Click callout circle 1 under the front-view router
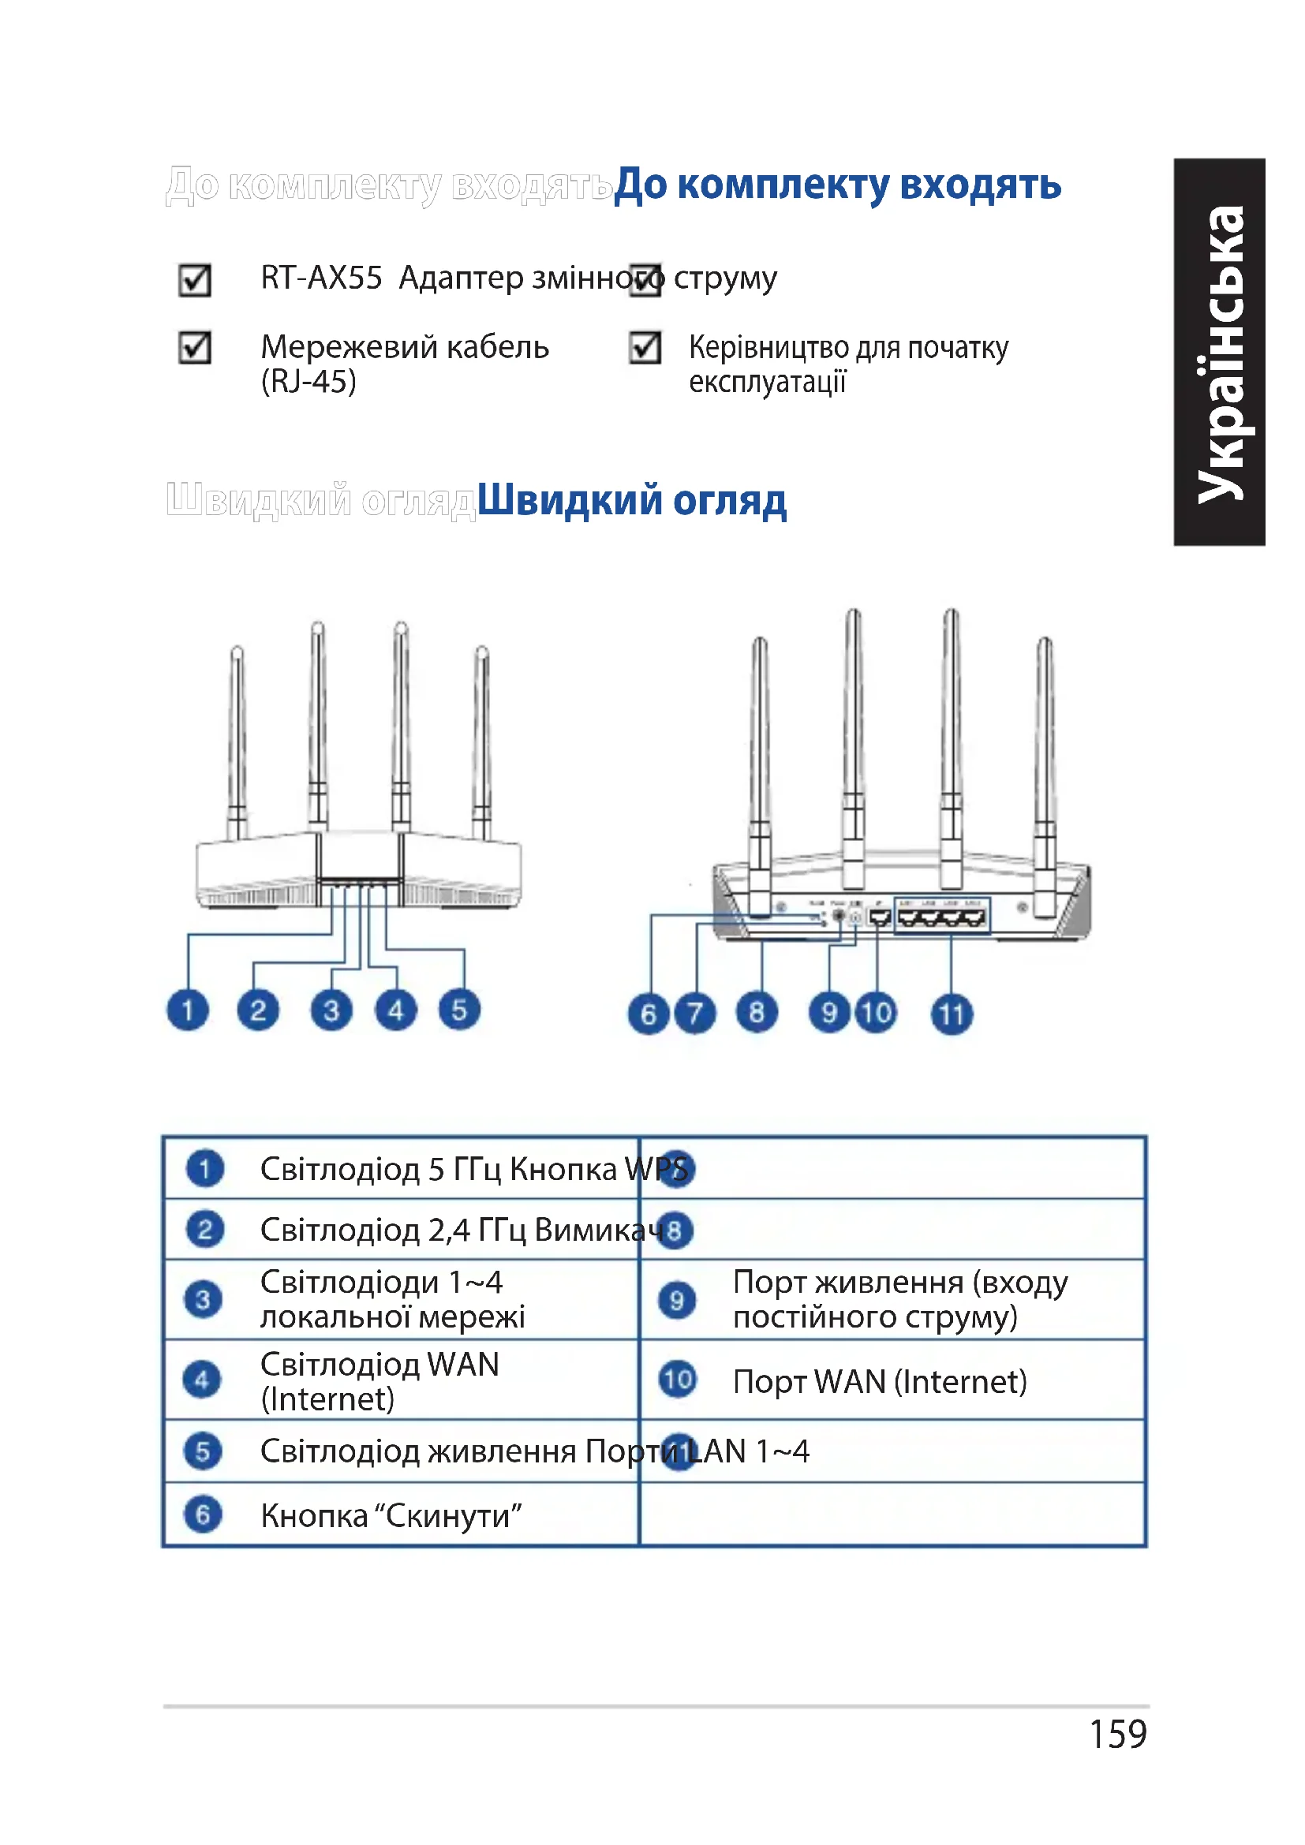click(187, 1010)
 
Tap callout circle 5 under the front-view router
click(459, 1010)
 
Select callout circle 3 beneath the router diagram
click(331, 1010)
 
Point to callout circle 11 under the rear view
click(952, 1014)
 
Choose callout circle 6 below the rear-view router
click(649, 1014)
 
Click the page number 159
click(1118, 1733)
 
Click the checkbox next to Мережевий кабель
click(194, 348)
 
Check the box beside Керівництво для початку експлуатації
click(645, 348)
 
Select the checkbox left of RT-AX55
click(194, 281)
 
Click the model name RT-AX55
click(321, 278)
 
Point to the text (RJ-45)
click(308, 381)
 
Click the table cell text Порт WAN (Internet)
click(880, 1381)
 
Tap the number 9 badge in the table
click(677, 1299)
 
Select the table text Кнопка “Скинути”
click(391, 1515)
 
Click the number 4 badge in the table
click(202, 1380)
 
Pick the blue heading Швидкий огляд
click(632, 500)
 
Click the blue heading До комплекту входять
click(837, 185)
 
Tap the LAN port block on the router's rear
click(942, 917)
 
